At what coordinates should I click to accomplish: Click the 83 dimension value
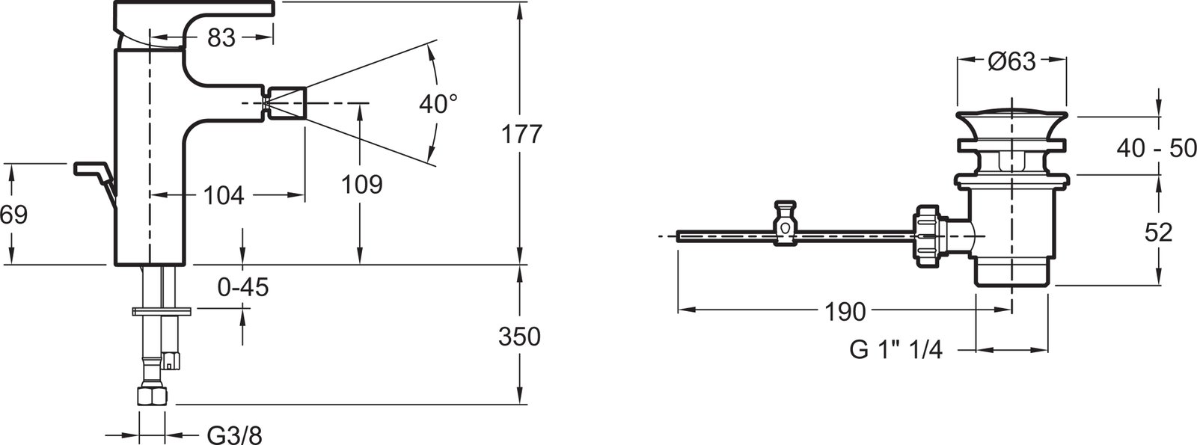[221, 37]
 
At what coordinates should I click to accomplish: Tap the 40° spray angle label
[438, 104]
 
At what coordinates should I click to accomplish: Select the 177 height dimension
[521, 134]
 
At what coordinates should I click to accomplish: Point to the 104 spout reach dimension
[224, 195]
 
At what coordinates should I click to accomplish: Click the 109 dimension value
[362, 185]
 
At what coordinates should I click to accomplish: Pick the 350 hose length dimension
[519, 337]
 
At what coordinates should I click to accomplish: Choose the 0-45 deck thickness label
[243, 287]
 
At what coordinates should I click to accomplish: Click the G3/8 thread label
[235, 435]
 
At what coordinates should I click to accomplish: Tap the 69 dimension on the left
[13, 215]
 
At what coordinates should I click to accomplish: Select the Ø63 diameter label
[1011, 62]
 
